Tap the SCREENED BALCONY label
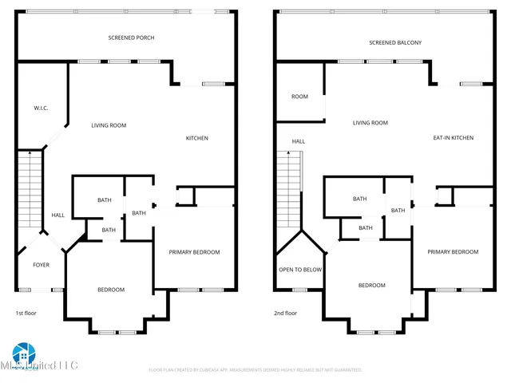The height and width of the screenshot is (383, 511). coord(395,42)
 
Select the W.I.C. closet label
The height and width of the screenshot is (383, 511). coord(42,107)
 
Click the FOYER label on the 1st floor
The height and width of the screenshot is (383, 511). coord(41,265)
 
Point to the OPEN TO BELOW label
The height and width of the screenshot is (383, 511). coord(300,270)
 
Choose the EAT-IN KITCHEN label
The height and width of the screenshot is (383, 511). coord(453,138)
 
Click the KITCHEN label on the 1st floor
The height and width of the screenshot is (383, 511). coord(197,138)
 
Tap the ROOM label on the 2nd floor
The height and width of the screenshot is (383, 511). coord(299,97)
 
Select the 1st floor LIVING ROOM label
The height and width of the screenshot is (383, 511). coord(109,125)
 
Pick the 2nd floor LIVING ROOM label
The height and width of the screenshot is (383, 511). coord(370,123)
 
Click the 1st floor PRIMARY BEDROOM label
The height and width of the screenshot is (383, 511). coord(194,252)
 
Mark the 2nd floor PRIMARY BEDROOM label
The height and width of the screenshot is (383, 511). coord(453,252)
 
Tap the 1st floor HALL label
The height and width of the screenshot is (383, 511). coord(58,215)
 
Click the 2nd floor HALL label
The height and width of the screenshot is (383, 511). coord(298,141)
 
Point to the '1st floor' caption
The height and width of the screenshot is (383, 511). coord(26,314)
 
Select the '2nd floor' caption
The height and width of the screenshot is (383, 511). coord(285,314)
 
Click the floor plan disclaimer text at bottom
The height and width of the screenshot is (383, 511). coord(255,370)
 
